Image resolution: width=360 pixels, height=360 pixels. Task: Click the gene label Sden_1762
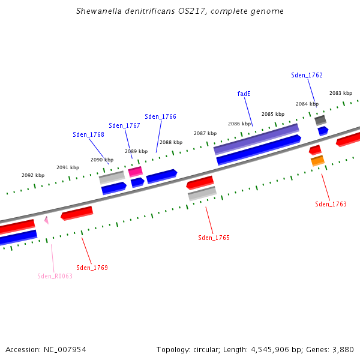[307, 75]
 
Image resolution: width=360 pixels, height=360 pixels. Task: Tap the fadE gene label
[244, 94]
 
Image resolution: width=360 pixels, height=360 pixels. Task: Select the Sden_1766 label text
[160, 116]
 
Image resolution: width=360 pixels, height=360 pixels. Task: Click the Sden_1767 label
[124, 125]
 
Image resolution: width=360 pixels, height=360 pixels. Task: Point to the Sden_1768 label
[88, 134]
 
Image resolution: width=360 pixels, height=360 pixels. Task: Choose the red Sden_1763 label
[331, 204]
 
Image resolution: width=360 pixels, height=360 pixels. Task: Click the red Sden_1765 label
[214, 238]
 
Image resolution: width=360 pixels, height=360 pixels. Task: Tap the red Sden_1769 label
[92, 268]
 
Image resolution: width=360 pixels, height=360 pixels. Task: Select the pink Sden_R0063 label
[55, 276]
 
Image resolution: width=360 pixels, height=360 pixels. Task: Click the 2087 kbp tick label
[205, 133]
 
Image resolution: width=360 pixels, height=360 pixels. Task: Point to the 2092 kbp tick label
[33, 175]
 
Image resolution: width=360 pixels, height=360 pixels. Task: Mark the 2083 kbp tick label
[340, 93]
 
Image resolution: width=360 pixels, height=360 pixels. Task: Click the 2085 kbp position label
[272, 114]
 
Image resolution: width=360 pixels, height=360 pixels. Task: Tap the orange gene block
[317, 161]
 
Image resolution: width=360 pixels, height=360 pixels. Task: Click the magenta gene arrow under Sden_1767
[135, 172]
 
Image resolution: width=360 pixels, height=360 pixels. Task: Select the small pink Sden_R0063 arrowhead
[46, 220]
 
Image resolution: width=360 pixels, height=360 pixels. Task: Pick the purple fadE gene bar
[256, 139]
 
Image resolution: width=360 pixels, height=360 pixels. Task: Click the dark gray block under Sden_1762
[320, 120]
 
